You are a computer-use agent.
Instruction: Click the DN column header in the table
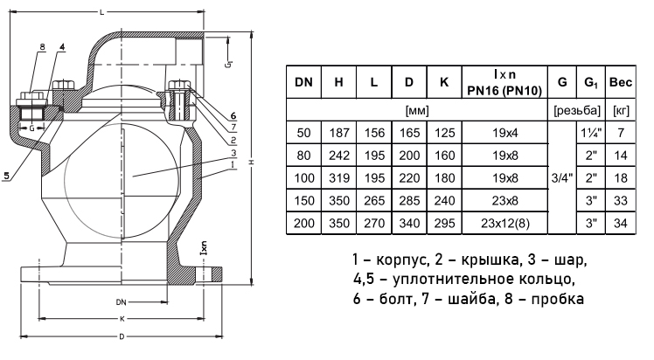(x=303, y=83)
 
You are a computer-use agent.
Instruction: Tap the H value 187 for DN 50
(x=338, y=133)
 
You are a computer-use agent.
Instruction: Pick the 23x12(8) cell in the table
(x=502, y=224)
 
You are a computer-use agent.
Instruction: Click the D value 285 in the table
(x=409, y=201)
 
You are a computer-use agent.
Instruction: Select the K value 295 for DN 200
(x=444, y=224)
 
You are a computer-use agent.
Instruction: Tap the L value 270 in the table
(x=373, y=224)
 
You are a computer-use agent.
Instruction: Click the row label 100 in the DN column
(x=303, y=178)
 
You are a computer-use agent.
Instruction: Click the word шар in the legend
(x=568, y=261)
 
